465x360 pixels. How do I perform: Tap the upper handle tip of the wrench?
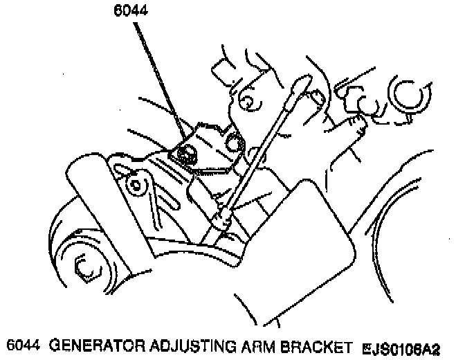point(299,84)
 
